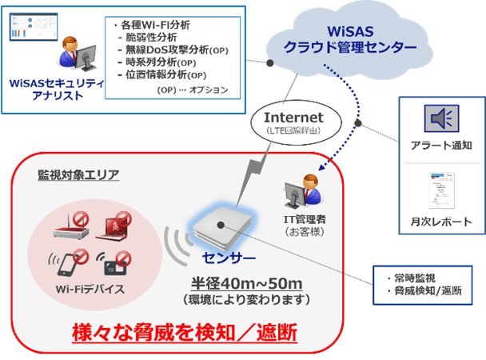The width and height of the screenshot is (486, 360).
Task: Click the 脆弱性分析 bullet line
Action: pyautogui.click(x=148, y=38)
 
